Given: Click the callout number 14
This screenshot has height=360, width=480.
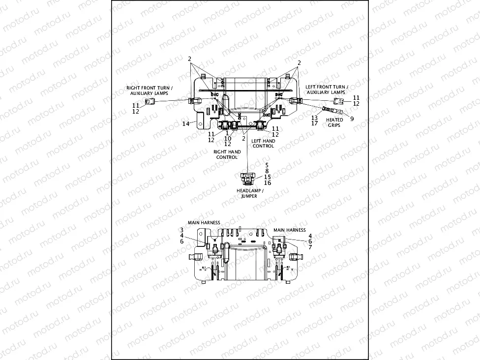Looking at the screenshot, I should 185,124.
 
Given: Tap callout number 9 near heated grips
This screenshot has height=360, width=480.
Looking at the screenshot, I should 352,118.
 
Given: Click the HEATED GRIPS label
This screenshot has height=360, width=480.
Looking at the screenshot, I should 335,122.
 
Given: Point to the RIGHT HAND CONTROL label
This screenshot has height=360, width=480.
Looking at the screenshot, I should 227,154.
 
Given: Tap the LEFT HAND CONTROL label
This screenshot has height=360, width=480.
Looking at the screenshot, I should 263,143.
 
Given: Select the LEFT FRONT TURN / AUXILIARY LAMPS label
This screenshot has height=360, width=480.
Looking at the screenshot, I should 327,89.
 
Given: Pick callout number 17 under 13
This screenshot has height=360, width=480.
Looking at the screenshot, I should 314,124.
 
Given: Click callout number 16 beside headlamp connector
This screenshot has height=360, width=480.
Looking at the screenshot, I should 268,183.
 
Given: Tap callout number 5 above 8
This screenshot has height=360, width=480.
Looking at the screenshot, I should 267,165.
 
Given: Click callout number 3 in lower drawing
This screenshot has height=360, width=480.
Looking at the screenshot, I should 181,230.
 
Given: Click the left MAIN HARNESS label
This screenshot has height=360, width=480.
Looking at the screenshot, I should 204,223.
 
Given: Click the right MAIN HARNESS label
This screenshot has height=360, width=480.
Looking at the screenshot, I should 289,230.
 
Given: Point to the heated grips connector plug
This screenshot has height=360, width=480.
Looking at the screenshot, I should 327,110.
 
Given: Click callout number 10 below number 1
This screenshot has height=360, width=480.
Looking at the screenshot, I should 228,139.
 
